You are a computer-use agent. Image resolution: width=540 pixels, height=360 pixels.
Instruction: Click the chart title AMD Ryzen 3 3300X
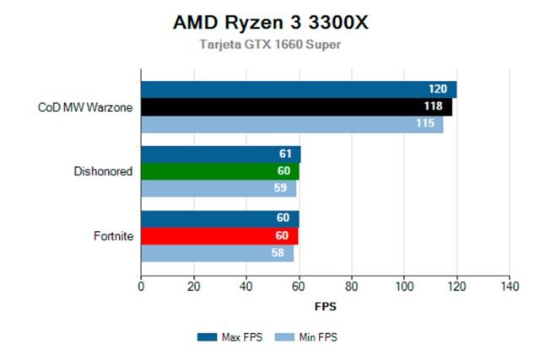point(270,23)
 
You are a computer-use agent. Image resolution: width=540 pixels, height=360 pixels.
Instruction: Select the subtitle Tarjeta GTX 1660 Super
point(270,45)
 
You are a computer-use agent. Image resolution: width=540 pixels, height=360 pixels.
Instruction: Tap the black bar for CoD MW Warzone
point(296,107)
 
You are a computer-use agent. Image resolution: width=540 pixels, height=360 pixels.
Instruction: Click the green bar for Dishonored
point(220,172)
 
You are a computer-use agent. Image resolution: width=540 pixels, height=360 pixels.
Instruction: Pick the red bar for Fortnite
point(219,236)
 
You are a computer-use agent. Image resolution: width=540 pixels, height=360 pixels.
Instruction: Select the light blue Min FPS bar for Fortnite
point(217,252)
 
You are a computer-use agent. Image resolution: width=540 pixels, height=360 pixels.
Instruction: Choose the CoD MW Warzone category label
point(86,107)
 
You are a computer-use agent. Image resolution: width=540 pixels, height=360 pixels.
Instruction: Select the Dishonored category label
point(104,172)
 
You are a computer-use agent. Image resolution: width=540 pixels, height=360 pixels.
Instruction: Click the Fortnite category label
point(114,236)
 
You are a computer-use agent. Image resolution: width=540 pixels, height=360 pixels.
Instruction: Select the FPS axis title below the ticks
point(325,306)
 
